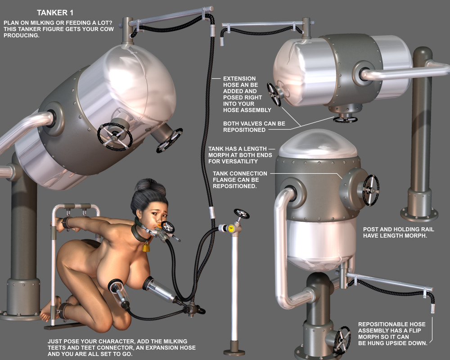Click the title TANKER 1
click(x=55, y=13)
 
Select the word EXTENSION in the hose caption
click(x=239, y=78)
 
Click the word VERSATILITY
click(x=241, y=162)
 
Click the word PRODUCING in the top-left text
click(x=21, y=35)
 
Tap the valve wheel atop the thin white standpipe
click(x=241, y=214)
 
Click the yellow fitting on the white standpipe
click(x=231, y=229)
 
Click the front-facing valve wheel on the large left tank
click(x=115, y=137)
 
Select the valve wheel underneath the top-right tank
click(x=345, y=119)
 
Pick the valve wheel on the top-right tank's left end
click(x=274, y=94)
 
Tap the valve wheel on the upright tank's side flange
click(x=370, y=190)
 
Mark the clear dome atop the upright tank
click(x=318, y=144)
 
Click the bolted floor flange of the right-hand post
click(x=419, y=215)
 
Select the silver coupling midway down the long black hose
click(x=212, y=213)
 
